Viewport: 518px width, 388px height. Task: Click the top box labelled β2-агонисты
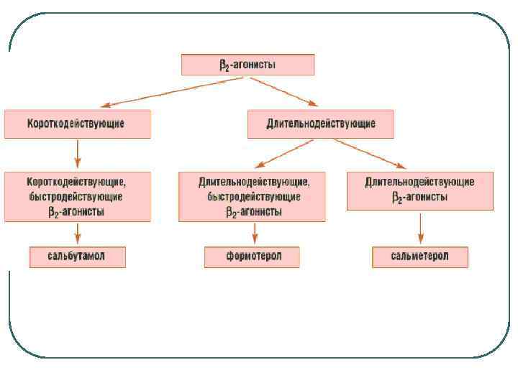pyautogui.click(x=247, y=65)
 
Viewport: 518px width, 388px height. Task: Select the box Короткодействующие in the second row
pyautogui.click(x=78, y=124)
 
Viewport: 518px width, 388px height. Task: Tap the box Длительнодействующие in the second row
pyautogui.click(x=321, y=124)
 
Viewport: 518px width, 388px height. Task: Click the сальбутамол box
pyautogui.click(x=77, y=257)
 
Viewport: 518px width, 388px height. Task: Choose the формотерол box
pyautogui.click(x=252, y=257)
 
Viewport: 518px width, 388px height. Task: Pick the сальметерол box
pyautogui.click(x=420, y=257)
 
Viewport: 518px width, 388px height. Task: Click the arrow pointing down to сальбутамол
pyautogui.click(x=77, y=234)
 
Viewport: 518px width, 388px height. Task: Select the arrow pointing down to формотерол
pyautogui.click(x=253, y=234)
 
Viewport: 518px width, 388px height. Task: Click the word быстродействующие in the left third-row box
pyautogui.click(x=76, y=196)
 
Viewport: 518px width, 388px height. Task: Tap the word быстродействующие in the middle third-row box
pyautogui.click(x=253, y=196)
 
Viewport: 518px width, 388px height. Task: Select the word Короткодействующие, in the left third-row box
pyautogui.click(x=77, y=182)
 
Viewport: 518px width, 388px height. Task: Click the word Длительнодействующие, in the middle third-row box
pyautogui.click(x=254, y=182)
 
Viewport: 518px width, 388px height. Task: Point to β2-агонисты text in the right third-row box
pyautogui.click(x=419, y=197)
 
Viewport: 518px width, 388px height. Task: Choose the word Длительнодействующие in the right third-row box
pyautogui.click(x=419, y=182)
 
